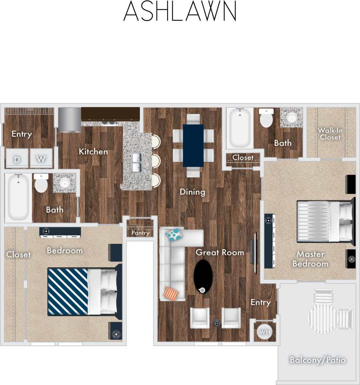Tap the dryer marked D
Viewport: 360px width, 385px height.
(x=17, y=159)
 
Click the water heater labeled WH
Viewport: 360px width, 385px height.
(x=264, y=331)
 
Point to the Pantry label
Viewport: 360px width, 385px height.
(x=140, y=233)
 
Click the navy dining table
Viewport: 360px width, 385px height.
(x=193, y=145)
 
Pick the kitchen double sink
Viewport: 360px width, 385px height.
(x=137, y=162)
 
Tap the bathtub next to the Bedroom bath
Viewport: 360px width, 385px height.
(x=18, y=197)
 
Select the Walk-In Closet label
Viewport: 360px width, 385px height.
(x=330, y=134)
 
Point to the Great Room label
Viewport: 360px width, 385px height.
(x=220, y=252)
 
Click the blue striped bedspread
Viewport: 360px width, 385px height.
(x=68, y=291)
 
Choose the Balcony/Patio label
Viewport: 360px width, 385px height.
(x=318, y=360)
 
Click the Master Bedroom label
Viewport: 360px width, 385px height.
(x=310, y=259)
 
